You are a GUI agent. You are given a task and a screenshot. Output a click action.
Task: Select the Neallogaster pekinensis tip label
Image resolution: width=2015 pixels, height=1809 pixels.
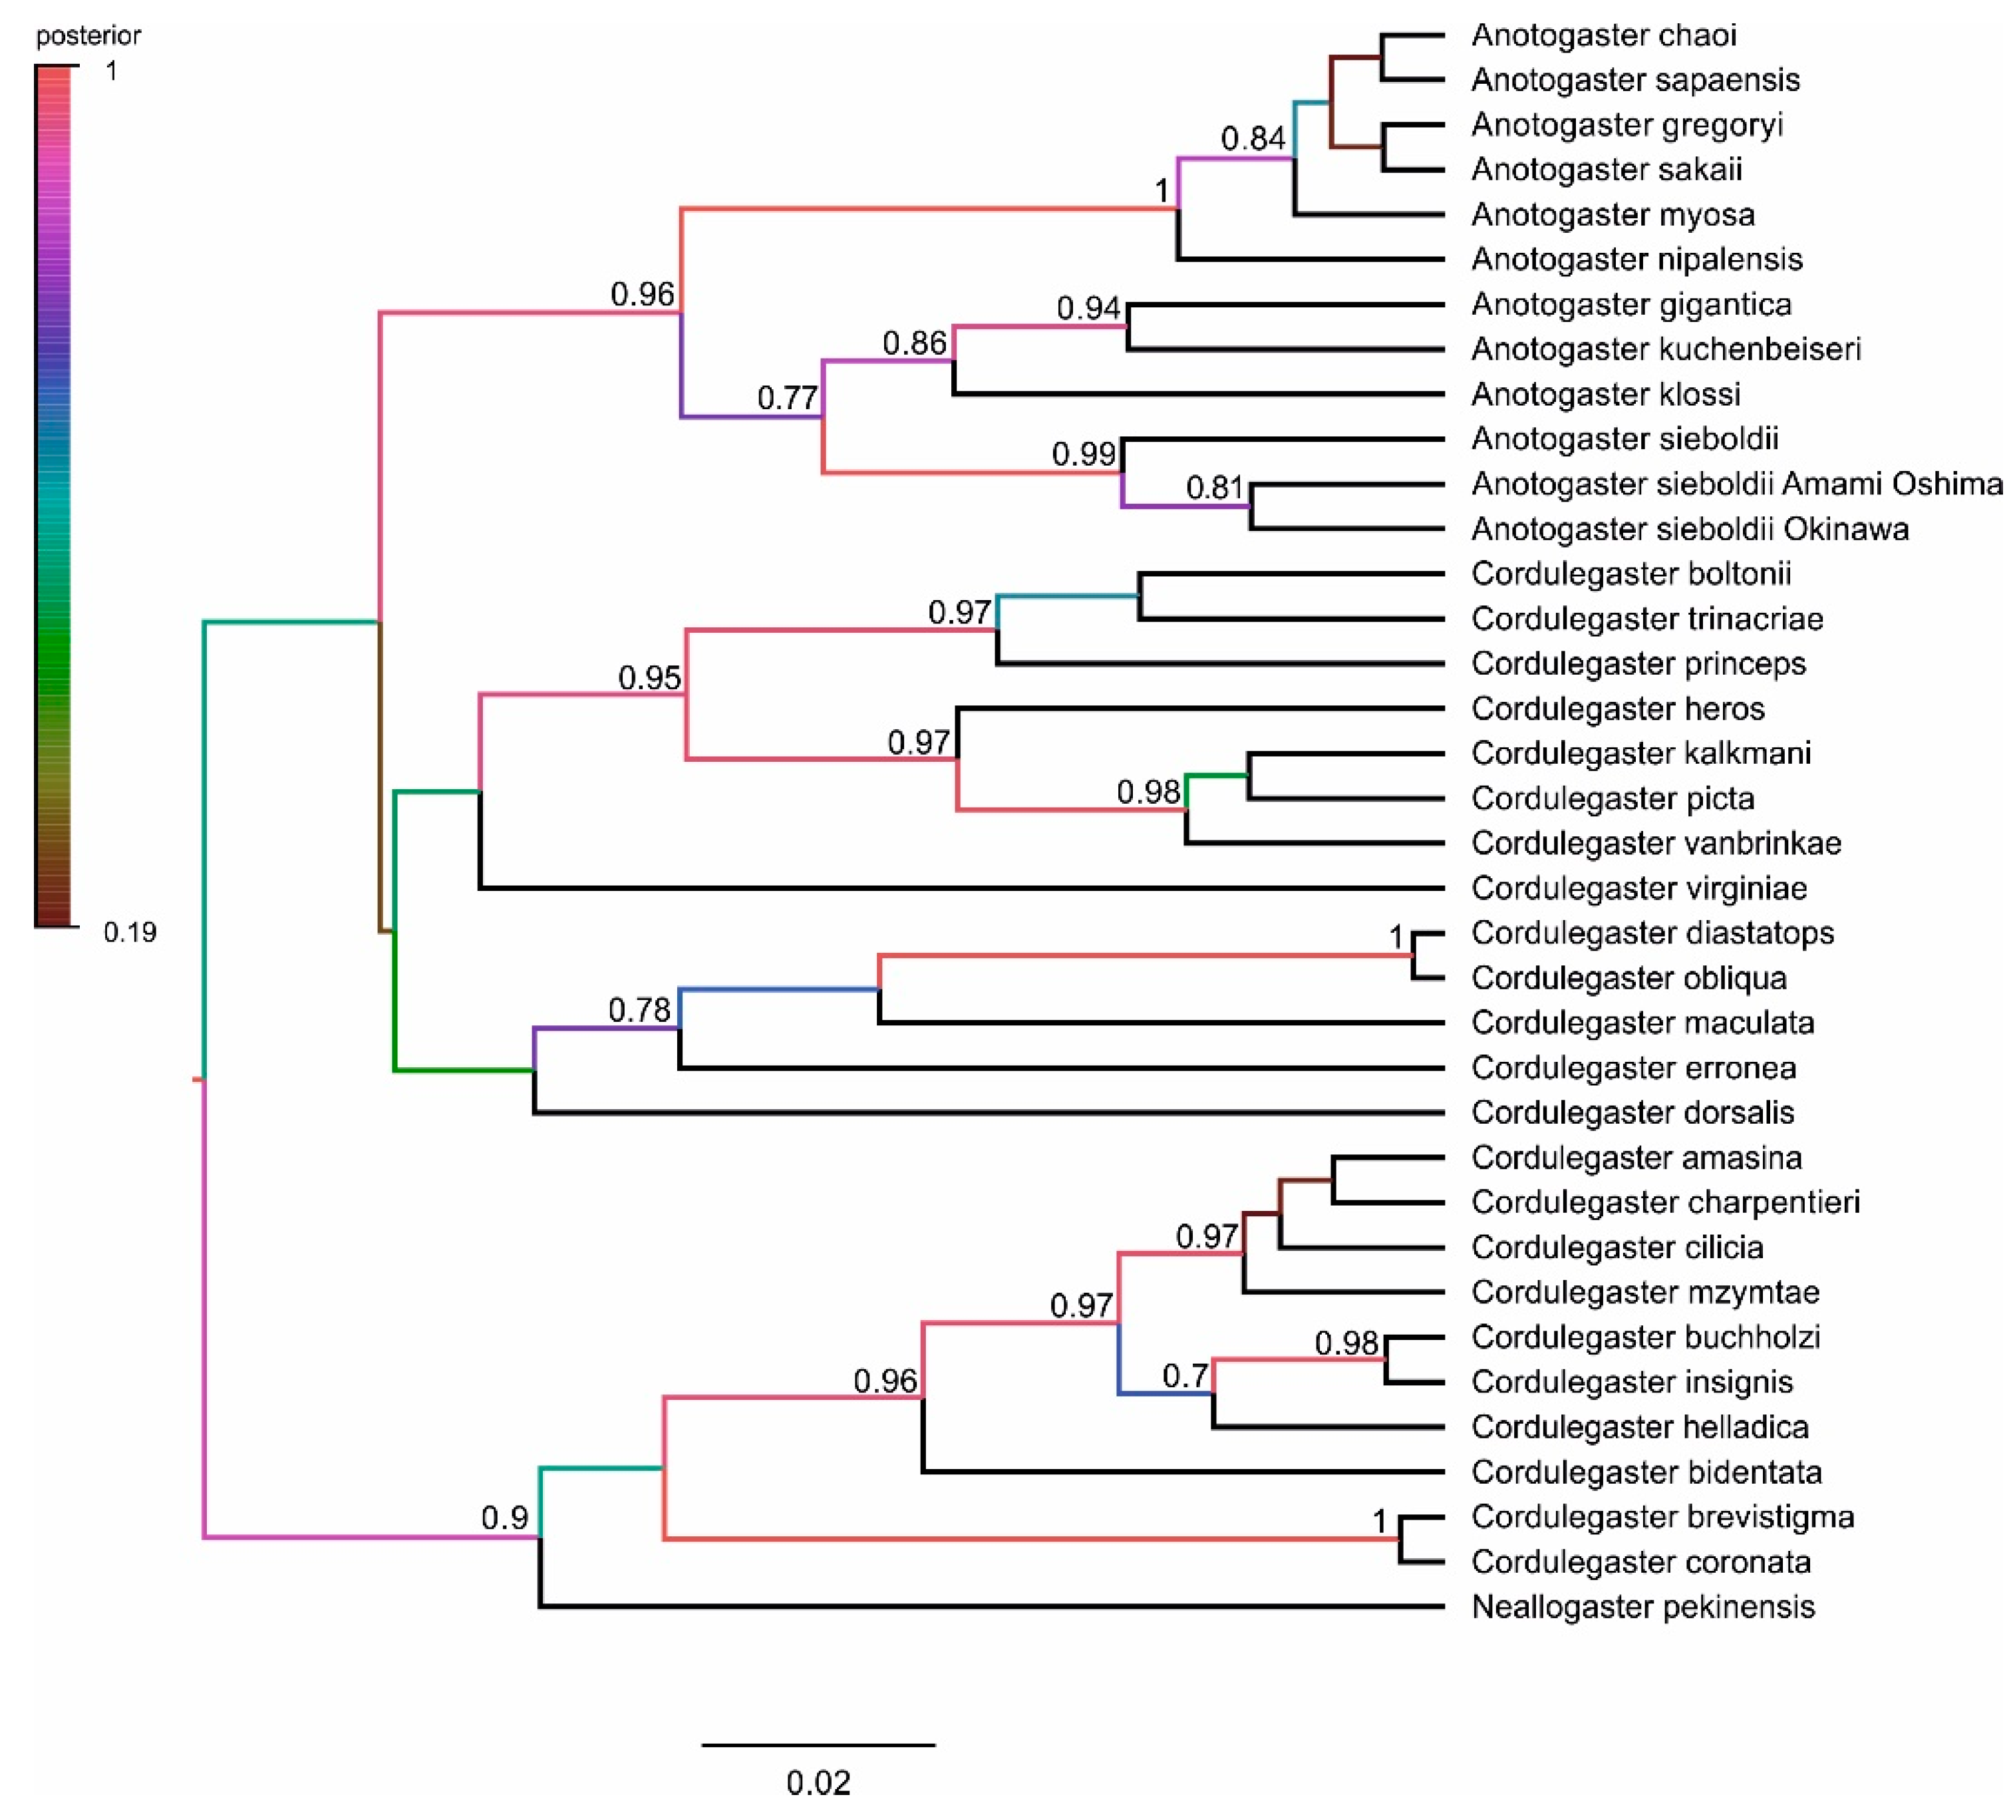1642,1607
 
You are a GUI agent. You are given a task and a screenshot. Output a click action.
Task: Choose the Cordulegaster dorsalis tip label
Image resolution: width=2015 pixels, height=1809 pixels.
1632,1113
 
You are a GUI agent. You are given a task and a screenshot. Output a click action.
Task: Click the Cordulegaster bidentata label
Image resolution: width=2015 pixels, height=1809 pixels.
1646,1473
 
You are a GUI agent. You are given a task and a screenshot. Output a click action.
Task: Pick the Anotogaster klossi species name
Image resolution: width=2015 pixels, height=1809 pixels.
1606,395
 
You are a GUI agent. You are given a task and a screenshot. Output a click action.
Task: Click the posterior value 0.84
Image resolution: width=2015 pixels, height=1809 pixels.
1252,139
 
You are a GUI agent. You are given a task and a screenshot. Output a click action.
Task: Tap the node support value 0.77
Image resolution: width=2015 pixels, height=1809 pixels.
787,399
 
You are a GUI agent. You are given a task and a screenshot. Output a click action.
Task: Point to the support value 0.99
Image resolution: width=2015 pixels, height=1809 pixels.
1083,454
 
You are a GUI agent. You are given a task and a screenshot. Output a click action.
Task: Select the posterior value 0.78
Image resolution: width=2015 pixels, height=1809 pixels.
639,1011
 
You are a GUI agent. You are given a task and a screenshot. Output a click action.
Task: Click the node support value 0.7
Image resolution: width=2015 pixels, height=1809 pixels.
1184,1377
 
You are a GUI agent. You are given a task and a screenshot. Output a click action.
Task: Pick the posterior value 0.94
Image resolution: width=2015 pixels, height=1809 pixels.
1088,309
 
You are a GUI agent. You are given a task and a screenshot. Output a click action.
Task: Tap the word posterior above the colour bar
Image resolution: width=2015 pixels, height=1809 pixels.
88,37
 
